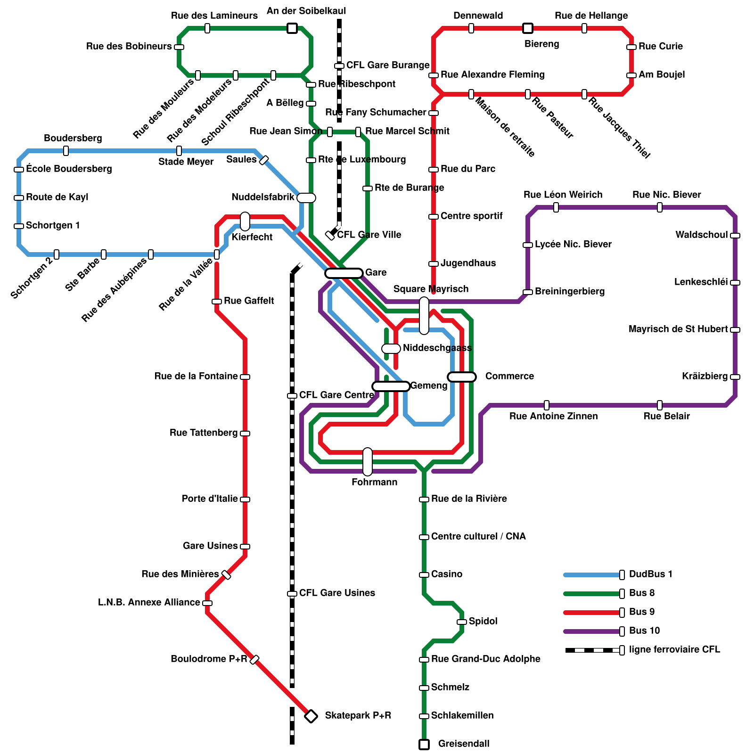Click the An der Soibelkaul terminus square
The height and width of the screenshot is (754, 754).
point(292,28)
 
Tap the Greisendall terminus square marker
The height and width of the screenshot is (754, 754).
point(424,745)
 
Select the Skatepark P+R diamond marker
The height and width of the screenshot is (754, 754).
point(311,716)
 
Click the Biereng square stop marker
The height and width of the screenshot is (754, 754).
point(528,28)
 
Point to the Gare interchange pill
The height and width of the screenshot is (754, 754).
point(344,273)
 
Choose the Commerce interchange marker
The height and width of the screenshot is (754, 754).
point(462,377)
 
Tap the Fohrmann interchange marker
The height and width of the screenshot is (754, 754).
point(368,462)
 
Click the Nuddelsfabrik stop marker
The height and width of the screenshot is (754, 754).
point(306,198)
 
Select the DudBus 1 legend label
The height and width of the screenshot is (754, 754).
point(650,574)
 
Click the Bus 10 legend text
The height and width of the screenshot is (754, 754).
point(644,631)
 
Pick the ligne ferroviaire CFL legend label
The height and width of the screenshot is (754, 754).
point(674,649)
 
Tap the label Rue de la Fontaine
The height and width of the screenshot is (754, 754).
point(196,376)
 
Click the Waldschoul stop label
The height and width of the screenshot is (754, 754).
point(701,235)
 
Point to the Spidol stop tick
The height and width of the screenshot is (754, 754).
point(462,622)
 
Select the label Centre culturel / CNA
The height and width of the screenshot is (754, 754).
point(478,536)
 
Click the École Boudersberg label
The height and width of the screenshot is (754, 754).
point(69,169)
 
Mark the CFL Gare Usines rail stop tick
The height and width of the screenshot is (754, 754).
point(292,594)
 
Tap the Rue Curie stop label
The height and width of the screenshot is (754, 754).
point(660,46)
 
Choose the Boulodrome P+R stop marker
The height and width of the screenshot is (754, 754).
point(254,660)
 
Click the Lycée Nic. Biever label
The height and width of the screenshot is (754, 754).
point(573,244)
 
